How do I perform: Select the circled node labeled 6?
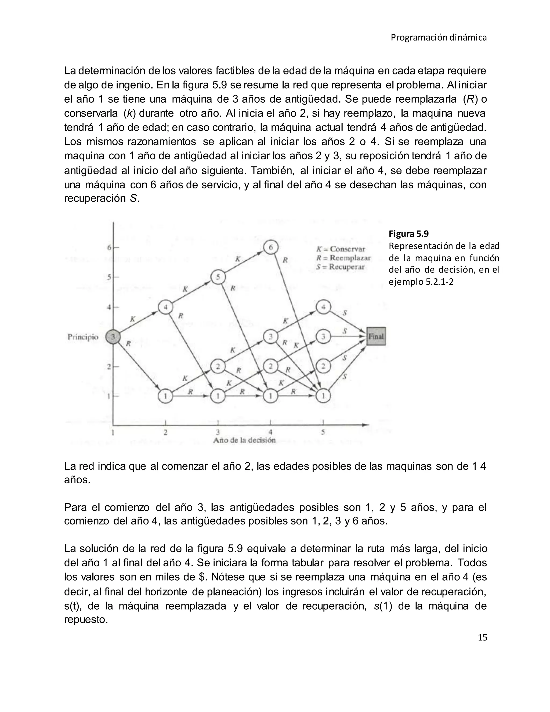(270, 248)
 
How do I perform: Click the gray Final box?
(376, 336)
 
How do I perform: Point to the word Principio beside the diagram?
(83, 337)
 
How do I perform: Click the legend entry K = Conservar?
(341, 249)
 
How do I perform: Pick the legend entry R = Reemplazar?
(343, 258)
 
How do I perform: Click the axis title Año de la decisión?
(244, 440)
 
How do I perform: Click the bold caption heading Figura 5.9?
(408, 234)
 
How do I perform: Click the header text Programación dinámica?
(439, 38)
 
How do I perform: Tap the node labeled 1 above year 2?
(165, 396)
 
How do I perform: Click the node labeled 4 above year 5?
(323, 307)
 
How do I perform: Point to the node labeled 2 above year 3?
(218, 366)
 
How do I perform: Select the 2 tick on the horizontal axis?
(165, 433)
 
